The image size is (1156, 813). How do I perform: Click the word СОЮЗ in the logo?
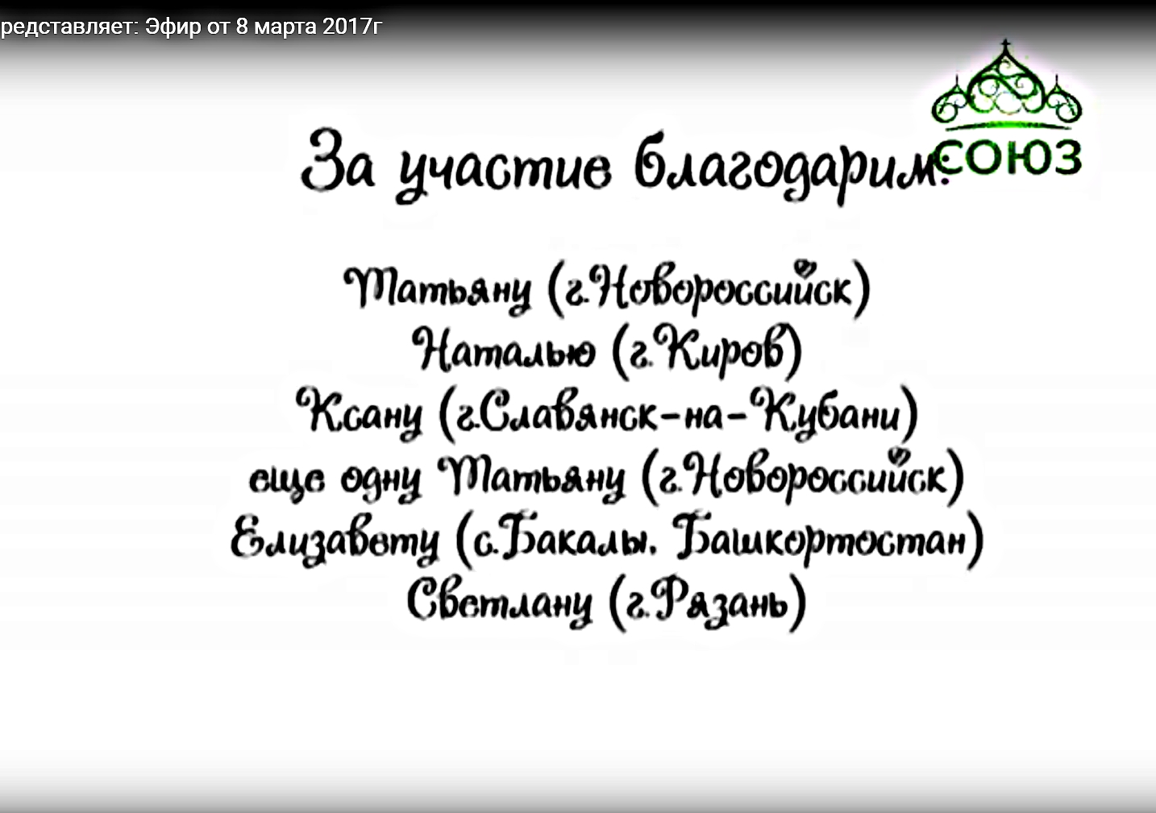point(1009,157)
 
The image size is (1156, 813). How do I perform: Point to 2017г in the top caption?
point(352,27)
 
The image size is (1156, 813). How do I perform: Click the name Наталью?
point(503,351)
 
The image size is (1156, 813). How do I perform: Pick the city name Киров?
point(725,348)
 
